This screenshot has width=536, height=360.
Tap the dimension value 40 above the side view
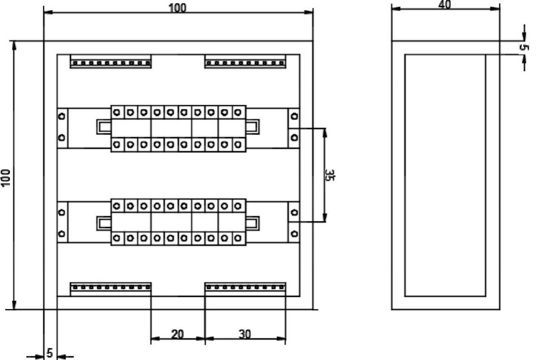(445, 5)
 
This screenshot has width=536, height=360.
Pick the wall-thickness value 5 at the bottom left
(49, 352)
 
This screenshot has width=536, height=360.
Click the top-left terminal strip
(111, 62)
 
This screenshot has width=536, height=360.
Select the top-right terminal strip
(245, 62)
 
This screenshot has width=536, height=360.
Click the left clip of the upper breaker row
(104, 127)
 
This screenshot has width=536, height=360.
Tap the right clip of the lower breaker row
(253, 223)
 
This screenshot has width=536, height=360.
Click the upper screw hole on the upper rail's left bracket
(61, 115)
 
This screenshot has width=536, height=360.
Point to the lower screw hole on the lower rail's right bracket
(294, 233)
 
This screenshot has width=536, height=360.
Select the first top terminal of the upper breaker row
(117, 112)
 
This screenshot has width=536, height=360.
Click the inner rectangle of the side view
(445, 175)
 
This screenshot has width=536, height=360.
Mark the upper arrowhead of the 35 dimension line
(324, 131)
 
